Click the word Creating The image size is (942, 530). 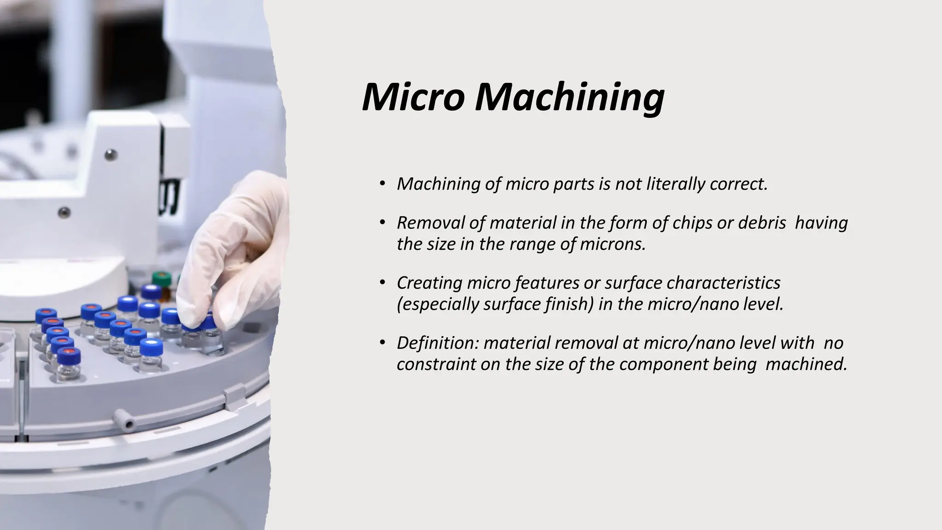(429, 283)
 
